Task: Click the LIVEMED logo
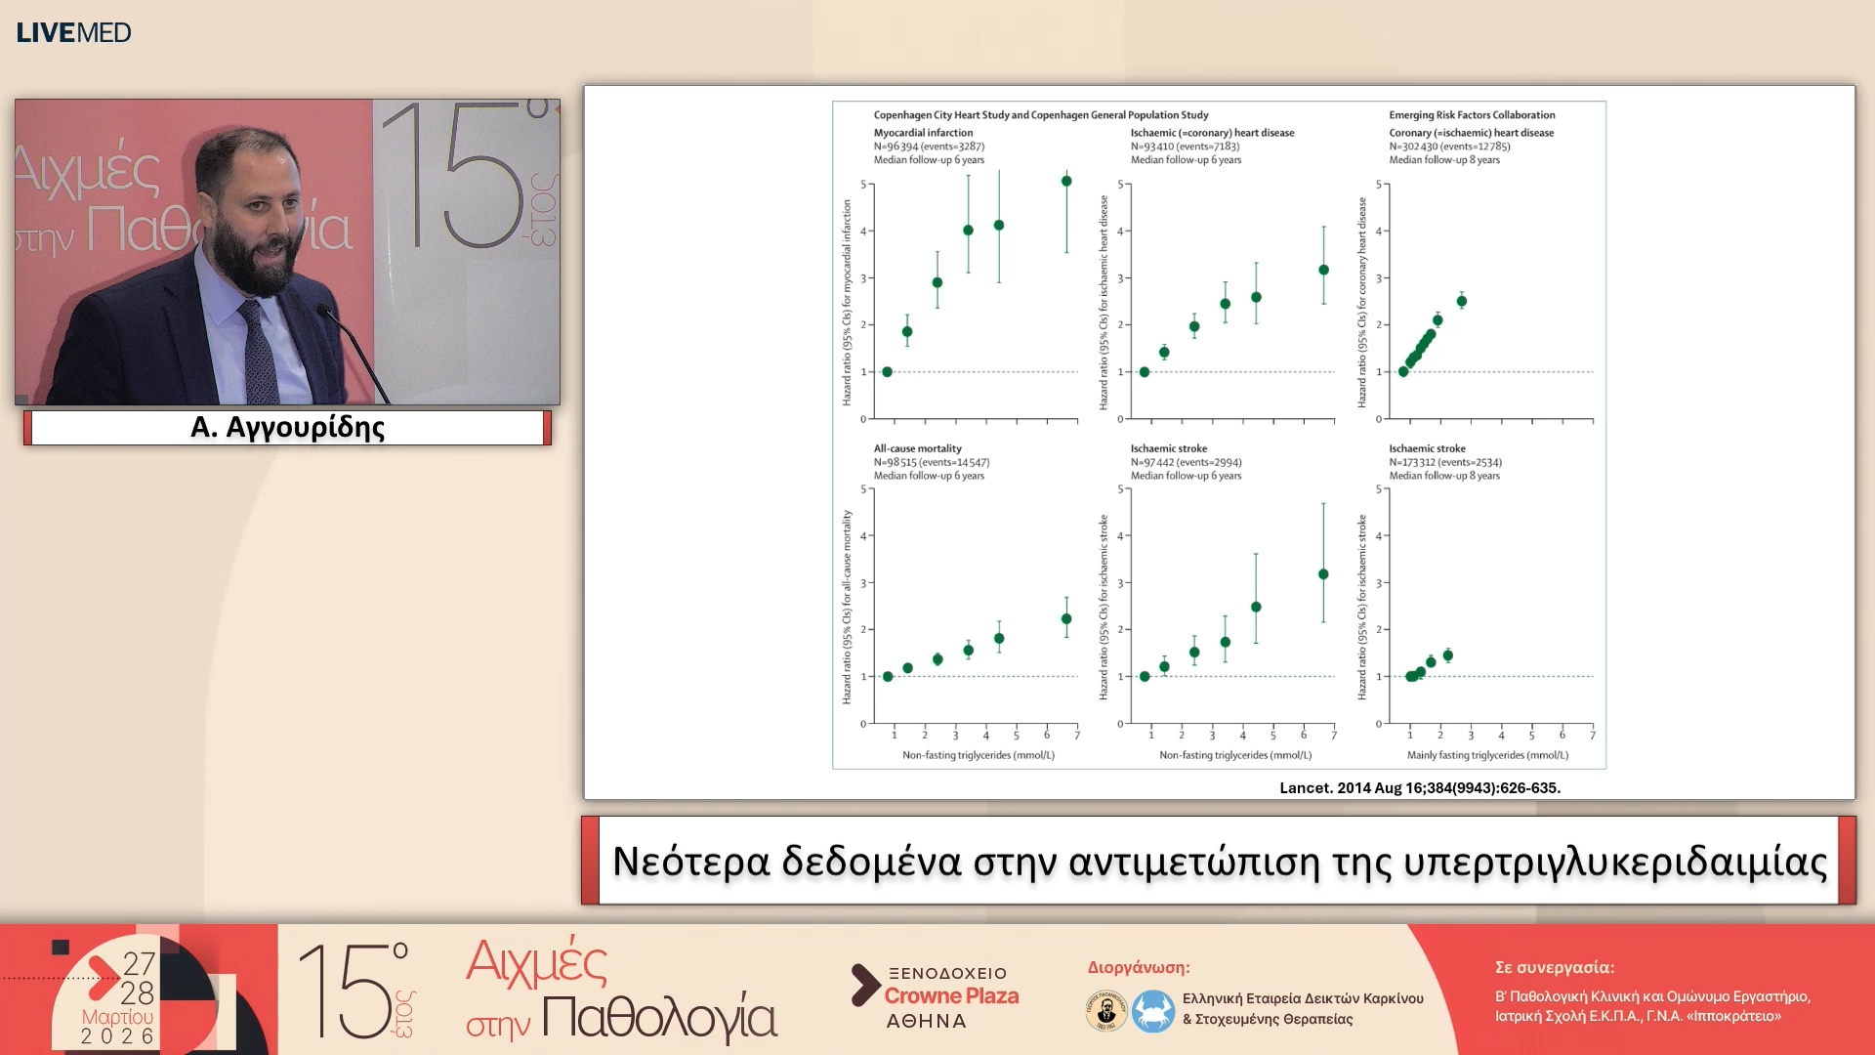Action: [73, 32]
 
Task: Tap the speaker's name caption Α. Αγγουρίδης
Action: [287, 428]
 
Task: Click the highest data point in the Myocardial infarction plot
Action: [1066, 181]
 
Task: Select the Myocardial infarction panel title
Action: [923, 133]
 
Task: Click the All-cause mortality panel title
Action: [917, 449]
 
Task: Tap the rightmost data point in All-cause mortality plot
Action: [1066, 618]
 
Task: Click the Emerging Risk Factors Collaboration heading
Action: [1472, 115]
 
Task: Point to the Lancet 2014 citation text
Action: [1420, 787]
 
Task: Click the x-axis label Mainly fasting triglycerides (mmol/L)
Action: [1487, 755]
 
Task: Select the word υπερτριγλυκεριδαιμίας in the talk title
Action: [1614, 862]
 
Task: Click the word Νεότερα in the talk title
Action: [690, 862]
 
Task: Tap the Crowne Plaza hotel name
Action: [951, 996]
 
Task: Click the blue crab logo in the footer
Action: [1152, 1011]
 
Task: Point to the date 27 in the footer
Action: [139, 964]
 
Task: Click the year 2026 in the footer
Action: [117, 1036]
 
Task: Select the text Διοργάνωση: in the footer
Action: [1139, 967]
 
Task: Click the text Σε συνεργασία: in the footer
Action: [1555, 967]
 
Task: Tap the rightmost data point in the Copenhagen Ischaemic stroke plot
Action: [1323, 574]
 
